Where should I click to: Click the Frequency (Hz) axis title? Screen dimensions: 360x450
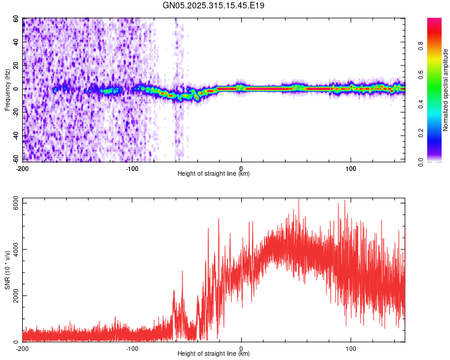tap(7, 90)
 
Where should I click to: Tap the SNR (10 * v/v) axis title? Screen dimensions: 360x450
tap(7, 269)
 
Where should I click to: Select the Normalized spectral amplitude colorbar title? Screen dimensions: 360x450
tap(445, 90)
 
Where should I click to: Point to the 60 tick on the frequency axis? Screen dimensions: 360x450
tap(16, 19)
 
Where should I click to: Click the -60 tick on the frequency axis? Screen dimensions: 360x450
tap(14, 159)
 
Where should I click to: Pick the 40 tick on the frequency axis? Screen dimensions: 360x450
tap(16, 43)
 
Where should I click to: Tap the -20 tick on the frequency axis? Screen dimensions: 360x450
tap(14, 112)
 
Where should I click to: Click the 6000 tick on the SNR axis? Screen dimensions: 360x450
tap(12, 203)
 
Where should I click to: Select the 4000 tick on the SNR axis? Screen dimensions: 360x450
tap(12, 250)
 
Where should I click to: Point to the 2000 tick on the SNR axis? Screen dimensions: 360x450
tap(12, 296)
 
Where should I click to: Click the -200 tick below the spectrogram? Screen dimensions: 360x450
tap(23, 167)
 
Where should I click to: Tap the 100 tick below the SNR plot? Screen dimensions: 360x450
tap(351, 348)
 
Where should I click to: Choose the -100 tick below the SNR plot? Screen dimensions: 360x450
tap(132, 348)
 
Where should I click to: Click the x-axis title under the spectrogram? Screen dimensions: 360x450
tap(214, 174)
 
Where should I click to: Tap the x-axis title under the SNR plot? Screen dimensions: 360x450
tap(214, 354)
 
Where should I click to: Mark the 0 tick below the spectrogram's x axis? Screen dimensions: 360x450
tap(241, 167)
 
